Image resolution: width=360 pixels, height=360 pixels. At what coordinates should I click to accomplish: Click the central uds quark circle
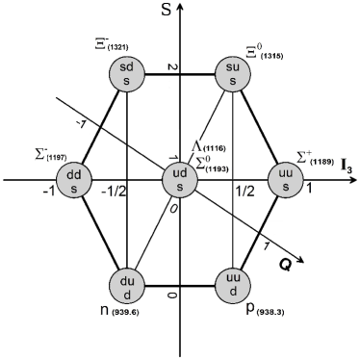click(180, 179)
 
